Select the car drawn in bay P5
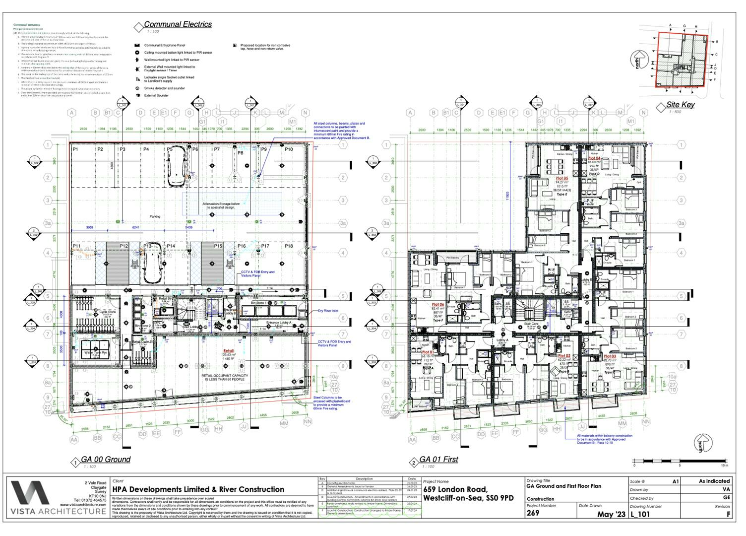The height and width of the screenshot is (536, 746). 177,168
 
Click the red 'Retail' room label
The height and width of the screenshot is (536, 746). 228,351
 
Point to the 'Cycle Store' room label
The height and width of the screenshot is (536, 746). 108,312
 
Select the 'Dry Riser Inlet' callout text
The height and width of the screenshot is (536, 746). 328,311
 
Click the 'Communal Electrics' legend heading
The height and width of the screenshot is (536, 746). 178,24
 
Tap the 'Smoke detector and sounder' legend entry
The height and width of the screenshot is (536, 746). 164,88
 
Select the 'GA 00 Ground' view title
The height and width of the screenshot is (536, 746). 106,460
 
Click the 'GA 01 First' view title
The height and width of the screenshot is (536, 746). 438,460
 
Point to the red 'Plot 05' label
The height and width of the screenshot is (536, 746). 561,178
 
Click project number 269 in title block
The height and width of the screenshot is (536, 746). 533,514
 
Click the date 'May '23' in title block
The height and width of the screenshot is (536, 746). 612,514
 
